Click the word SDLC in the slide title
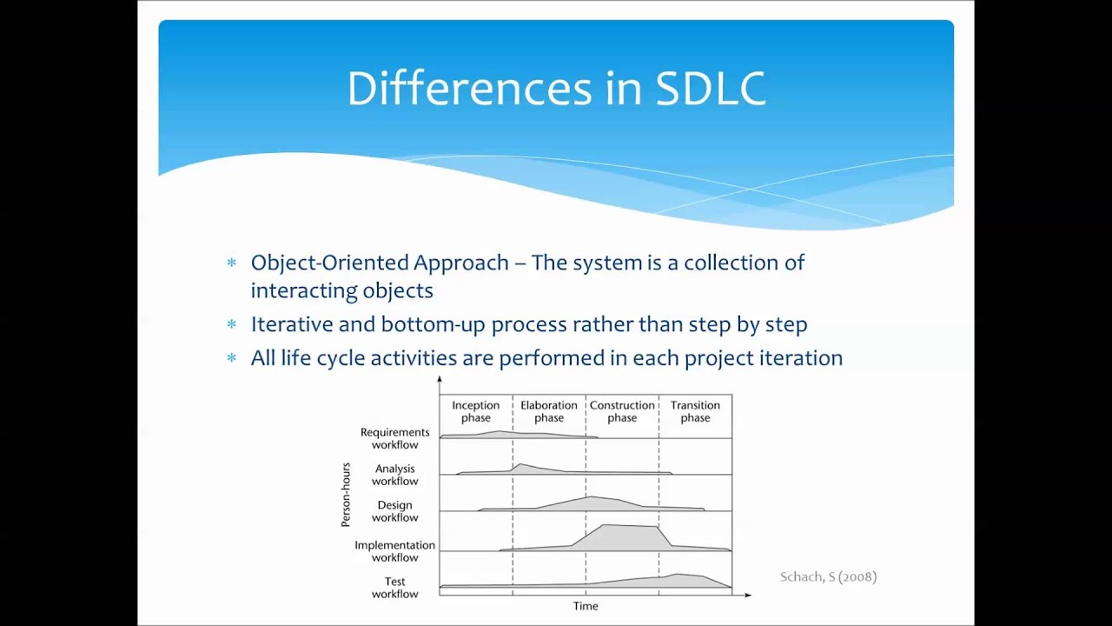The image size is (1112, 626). pos(711,89)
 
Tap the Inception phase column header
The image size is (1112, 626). pos(475,411)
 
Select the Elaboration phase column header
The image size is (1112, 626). pos(548,411)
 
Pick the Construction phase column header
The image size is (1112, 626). pos(622,411)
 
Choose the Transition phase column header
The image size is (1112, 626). pos(695,411)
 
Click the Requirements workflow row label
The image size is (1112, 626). pos(394,438)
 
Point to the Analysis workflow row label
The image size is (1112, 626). pos(394,475)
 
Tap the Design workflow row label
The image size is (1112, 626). pos(394,511)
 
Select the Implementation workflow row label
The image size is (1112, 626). pos(394,551)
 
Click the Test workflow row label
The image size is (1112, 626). pos(394,588)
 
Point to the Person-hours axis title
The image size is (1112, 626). pos(346,495)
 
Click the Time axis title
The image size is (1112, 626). pos(585,606)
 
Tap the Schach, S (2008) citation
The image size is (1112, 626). pos(828,576)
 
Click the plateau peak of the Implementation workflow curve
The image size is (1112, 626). pos(630,527)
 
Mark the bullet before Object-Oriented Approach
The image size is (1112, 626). pos(231,263)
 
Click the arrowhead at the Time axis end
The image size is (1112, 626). pos(747,595)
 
